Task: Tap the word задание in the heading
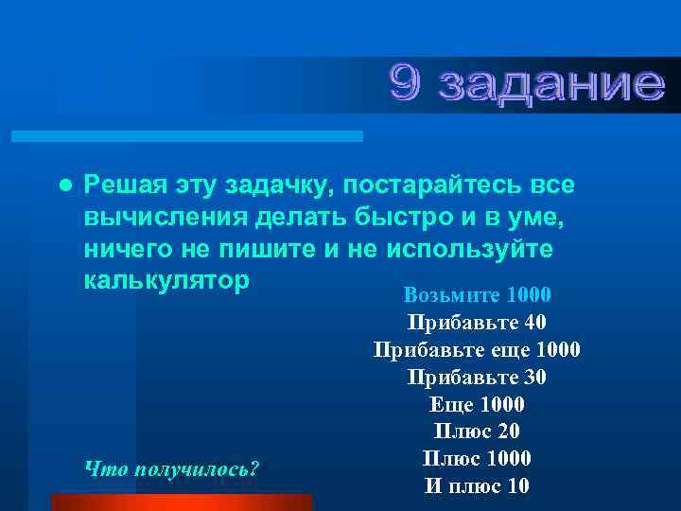click(551, 86)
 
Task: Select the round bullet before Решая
click(63, 183)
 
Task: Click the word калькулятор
click(167, 283)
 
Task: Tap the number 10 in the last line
click(516, 486)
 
